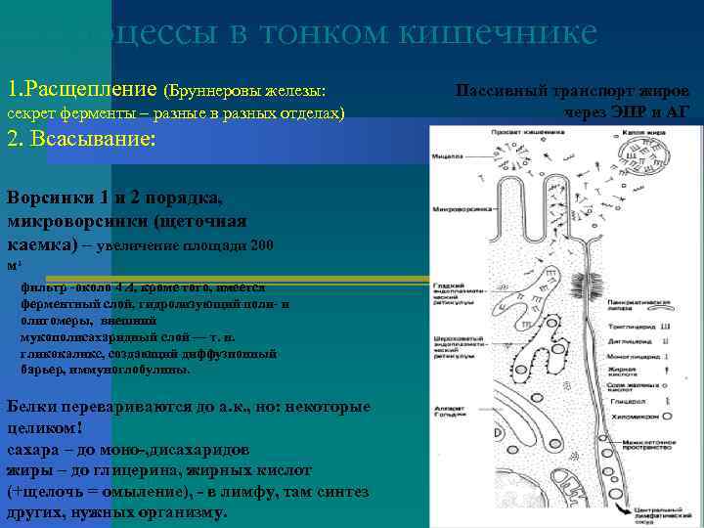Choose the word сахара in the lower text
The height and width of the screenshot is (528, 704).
(x=33, y=450)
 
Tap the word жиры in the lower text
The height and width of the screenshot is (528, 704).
(x=27, y=471)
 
